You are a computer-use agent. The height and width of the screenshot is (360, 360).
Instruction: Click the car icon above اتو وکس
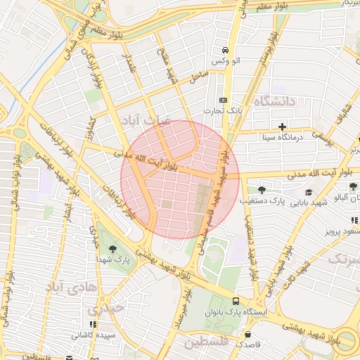(224, 51)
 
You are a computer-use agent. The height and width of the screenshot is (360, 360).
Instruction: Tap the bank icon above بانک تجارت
(224, 100)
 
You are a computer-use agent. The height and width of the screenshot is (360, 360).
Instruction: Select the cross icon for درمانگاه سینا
(283, 127)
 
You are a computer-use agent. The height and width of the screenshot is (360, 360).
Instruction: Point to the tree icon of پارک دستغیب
(262, 190)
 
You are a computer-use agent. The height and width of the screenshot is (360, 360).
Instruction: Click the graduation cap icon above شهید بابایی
(309, 192)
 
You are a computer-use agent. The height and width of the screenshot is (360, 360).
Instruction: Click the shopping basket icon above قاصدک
(247, 333)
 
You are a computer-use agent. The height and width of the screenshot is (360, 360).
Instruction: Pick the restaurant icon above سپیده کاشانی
(92, 325)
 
